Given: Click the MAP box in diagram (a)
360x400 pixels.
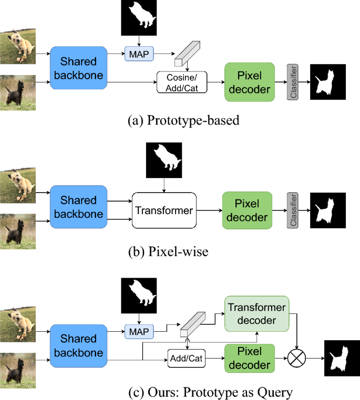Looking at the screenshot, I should pos(138,53).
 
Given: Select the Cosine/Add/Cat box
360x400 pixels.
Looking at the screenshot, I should pos(182,83).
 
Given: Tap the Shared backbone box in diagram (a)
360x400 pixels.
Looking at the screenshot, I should pos(78,70).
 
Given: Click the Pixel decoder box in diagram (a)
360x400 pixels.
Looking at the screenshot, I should pos(250,82).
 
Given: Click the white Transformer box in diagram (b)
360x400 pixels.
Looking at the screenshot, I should pos(163,210).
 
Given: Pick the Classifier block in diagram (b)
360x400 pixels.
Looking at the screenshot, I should pos(293,210).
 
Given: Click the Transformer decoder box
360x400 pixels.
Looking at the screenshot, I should pos(257,313).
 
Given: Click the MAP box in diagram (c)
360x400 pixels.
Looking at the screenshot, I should pos(138,331).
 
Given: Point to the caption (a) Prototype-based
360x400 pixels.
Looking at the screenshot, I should pos(183,121).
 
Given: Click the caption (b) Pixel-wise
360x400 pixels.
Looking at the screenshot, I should pos(168,252).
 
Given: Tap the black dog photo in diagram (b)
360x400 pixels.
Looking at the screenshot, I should pos(18,229).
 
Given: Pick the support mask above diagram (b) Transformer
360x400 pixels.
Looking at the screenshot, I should pos(163,160).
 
